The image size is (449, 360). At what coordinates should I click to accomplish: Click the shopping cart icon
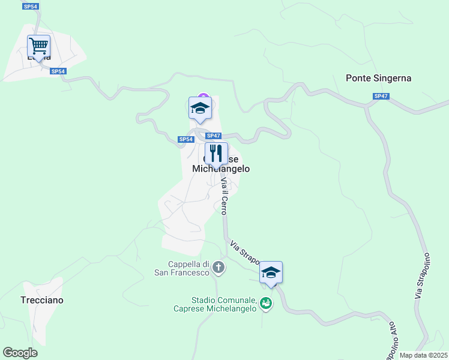[x=38, y=46]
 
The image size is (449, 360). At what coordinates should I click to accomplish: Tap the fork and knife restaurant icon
[x=216, y=154]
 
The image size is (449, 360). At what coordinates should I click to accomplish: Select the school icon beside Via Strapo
[x=271, y=272]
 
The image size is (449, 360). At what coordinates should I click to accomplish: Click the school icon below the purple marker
[x=200, y=108]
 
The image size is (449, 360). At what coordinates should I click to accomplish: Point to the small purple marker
[x=203, y=97]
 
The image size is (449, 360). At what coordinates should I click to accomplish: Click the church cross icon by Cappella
[x=219, y=268]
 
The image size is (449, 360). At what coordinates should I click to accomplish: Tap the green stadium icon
[x=266, y=304]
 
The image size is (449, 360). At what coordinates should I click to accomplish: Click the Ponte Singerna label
[x=378, y=78]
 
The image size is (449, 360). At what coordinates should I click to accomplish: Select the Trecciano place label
[x=42, y=300]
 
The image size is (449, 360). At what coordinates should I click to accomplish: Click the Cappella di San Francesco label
[x=188, y=268]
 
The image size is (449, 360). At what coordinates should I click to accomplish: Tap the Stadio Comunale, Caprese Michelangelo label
[x=224, y=304]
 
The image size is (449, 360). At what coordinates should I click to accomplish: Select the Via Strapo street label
[x=244, y=253]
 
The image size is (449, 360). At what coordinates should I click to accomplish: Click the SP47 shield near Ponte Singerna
[x=381, y=96]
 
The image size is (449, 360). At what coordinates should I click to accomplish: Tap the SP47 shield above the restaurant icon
[x=214, y=136]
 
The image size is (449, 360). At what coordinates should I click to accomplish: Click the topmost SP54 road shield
[x=29, y=6]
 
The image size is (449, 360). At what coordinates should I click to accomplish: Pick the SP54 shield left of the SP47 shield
[x=186, y=139]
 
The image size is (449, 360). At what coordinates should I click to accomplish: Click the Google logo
[x=20, y=353]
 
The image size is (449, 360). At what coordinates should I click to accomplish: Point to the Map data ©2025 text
[x=423, y=355]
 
